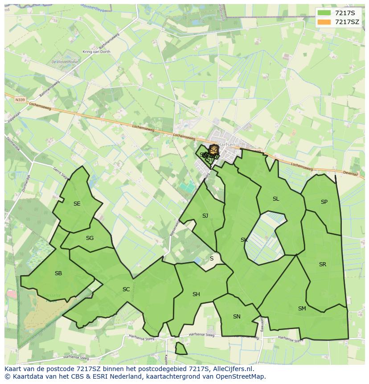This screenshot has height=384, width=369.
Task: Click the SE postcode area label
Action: pyautogui.click(x=77, y=204)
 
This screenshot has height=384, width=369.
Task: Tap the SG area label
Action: pyautogui.click(x=90, y=238)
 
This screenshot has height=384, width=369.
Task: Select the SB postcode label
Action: pyautogui.click(x=58, y=273)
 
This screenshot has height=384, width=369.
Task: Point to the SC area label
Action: pyautogui.click(x=126, y=289)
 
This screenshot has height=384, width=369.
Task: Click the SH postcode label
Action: pyautogui.click(x=196, y=294)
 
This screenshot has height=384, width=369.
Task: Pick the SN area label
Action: pyautogui.click(x=237, y=317)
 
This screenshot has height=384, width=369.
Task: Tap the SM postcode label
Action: pyautogui.click(x=302, y=309)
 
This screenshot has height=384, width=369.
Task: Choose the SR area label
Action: pyautogui.click(x=323, y=264)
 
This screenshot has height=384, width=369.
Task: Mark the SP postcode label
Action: pyautogui.click(x=324, y=202)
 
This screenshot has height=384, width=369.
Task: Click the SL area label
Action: pyautogui.click(x=276, y=199)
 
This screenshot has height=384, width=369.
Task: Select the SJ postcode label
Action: pyautogui.click(x=205, y=216)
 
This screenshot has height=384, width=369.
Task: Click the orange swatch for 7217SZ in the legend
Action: pyautogui.click(x=324, y=22)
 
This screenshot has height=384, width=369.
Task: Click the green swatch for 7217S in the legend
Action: pyautogui.click(x=324, y=13)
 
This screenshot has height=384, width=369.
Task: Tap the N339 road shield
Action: pyautogui.click(x=20, y=100)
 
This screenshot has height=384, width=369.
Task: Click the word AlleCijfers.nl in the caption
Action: pyautogui.click(x=232, y=369)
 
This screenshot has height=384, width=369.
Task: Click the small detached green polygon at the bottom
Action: pyautogui.click(x=180, y=348)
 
